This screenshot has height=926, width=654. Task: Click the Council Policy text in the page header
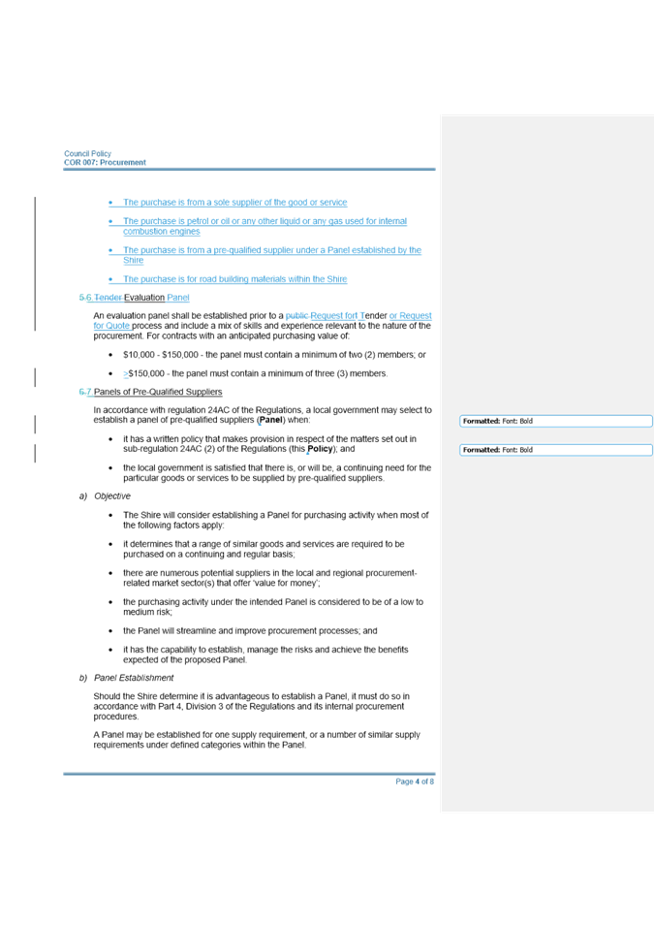coord(88,154)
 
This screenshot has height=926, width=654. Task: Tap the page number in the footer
coord(414,782)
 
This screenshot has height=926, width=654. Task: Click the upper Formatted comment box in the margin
coord(554,422)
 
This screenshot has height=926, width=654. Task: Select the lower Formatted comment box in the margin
coord(554,450)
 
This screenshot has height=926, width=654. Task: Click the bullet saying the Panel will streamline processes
coord(252,630)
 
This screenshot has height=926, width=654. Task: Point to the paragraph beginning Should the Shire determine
coord(252,707)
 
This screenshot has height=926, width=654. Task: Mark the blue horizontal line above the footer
coord(249,774)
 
